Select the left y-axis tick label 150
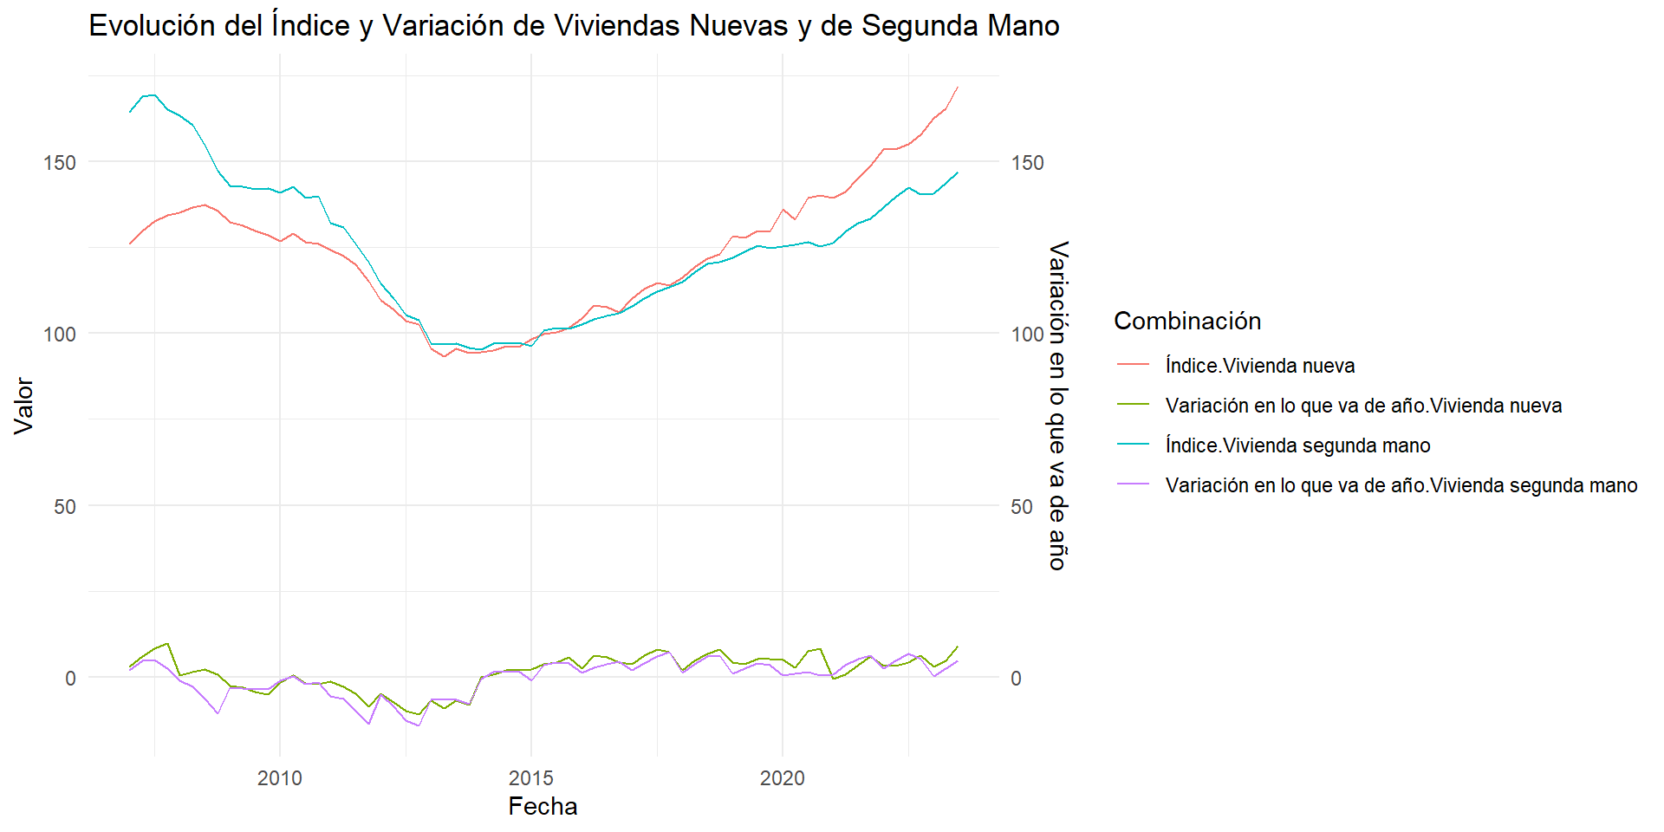point(60,162)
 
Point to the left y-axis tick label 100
point(60,334)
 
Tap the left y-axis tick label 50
point(65,506)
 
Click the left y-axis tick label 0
point(70,679)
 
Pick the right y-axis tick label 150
point(1027,162)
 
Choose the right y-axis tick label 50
point(1022,506)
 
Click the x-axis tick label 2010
point(280,778)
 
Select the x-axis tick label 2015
point(531,778)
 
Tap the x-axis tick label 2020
point(783,778)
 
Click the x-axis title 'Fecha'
point(543,807)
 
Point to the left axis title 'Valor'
point(23,406)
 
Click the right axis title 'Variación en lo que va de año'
point(1058,406)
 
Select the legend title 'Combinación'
point(1187,321)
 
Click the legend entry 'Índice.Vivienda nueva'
point(1259,366)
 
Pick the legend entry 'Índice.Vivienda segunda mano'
point(1297,445)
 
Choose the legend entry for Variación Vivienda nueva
point(1363,406)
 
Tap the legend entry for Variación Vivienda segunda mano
point(1401,485)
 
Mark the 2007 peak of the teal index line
point(153,95)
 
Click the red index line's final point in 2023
point(958,87)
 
